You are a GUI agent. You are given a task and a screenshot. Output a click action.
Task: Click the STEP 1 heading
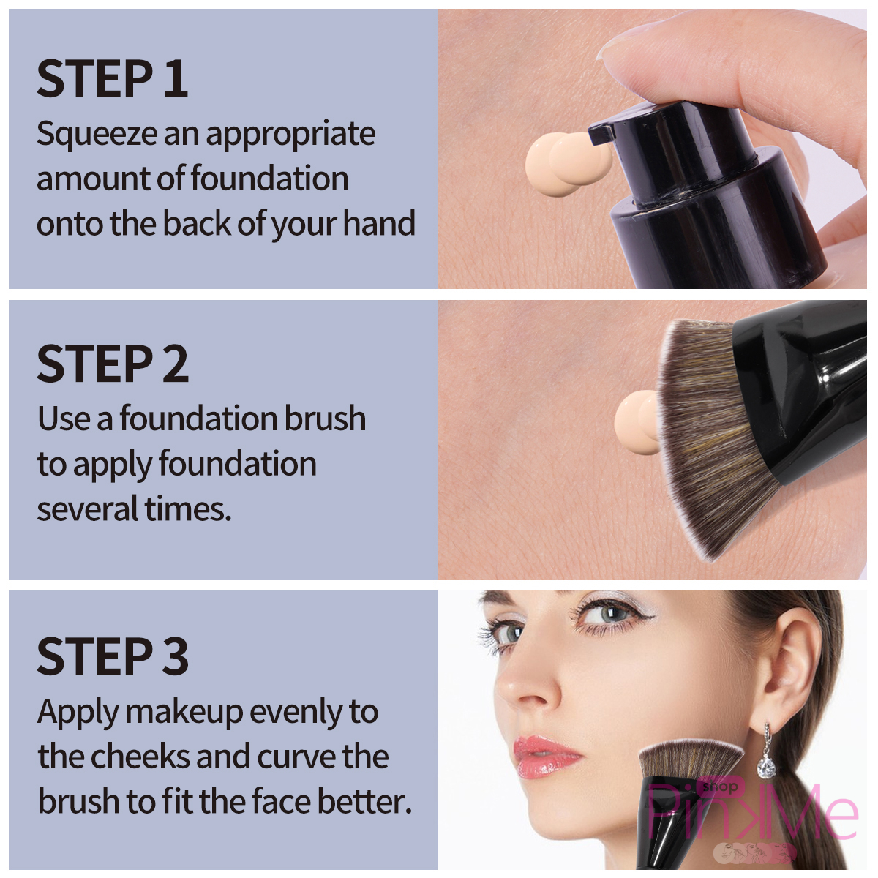point(112,79)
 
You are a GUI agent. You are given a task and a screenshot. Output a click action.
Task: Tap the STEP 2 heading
point(113,364)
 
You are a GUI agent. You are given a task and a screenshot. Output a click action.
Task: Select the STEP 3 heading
point(113,656)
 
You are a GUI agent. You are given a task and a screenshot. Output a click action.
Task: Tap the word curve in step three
point(296,757)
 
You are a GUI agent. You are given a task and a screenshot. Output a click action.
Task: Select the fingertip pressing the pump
point(651,51)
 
